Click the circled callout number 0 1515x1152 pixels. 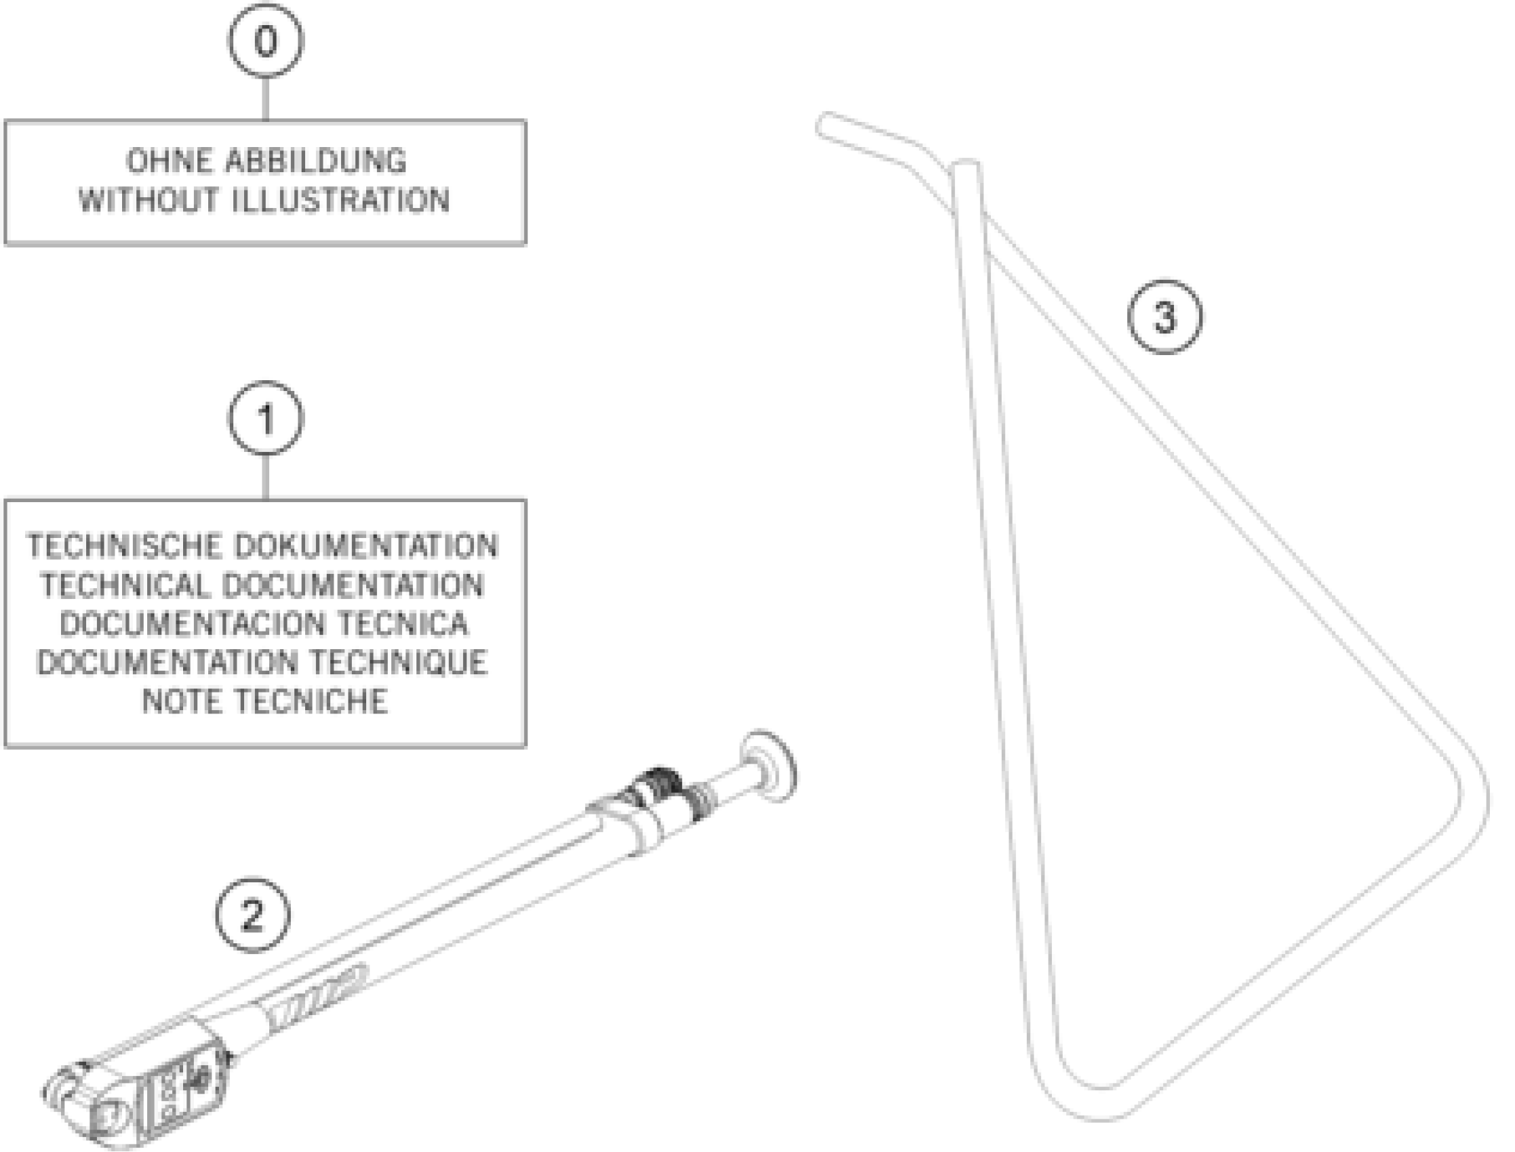(266, 40)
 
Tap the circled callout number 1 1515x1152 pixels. (266, 418)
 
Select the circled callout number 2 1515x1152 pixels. (252, 915)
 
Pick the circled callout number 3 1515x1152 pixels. (1165, 317)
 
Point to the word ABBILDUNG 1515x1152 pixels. (315, 162)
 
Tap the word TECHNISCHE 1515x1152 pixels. (124, 546)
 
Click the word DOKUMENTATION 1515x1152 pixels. (366, 546)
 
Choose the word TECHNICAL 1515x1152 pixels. (123, 585)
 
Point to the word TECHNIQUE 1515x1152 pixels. (398, 663)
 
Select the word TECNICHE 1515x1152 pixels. (311, 701)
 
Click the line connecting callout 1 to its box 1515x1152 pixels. (266, 477)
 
